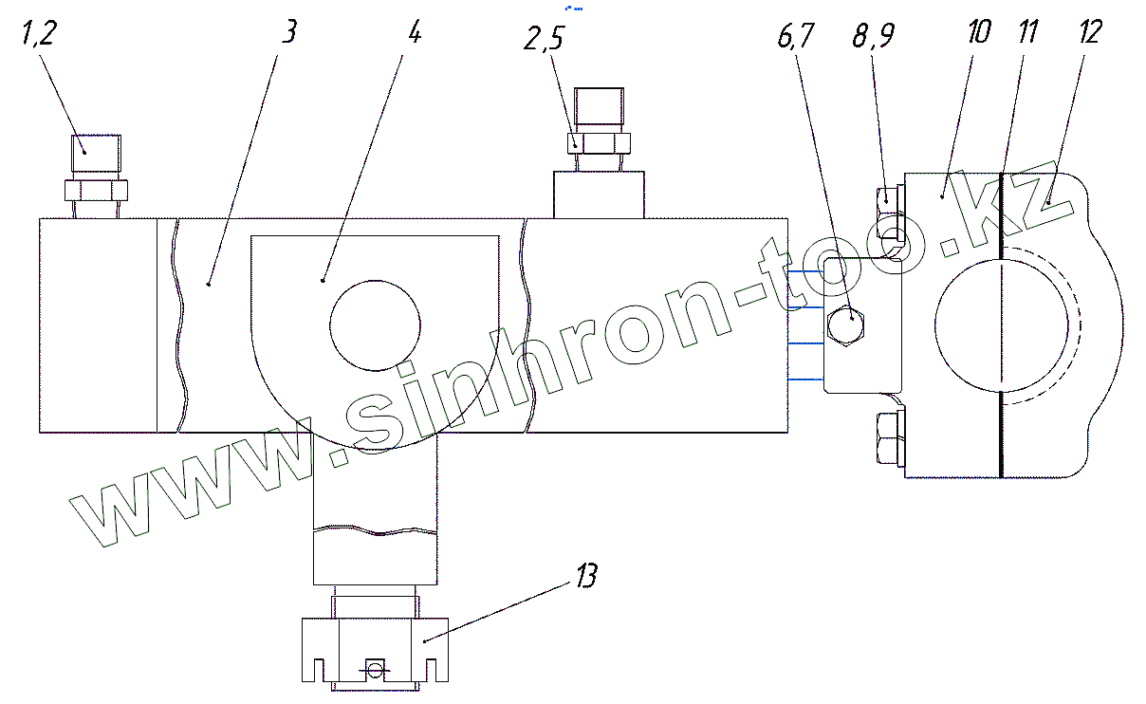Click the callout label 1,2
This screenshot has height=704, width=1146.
[x=39, y=34]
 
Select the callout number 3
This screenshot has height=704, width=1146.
[x=289, y=31]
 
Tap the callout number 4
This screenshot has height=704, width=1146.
[x=415, y=32]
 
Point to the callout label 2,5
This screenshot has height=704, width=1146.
[x=544, y=38]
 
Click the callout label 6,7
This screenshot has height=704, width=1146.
[x=796, y=36]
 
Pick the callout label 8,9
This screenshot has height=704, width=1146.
[x=874, y=36]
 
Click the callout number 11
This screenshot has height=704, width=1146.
[x=1027, y=31]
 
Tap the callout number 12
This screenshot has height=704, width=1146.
[x=1090, y=31]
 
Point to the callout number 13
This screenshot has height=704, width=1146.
[x=587, y=576]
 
